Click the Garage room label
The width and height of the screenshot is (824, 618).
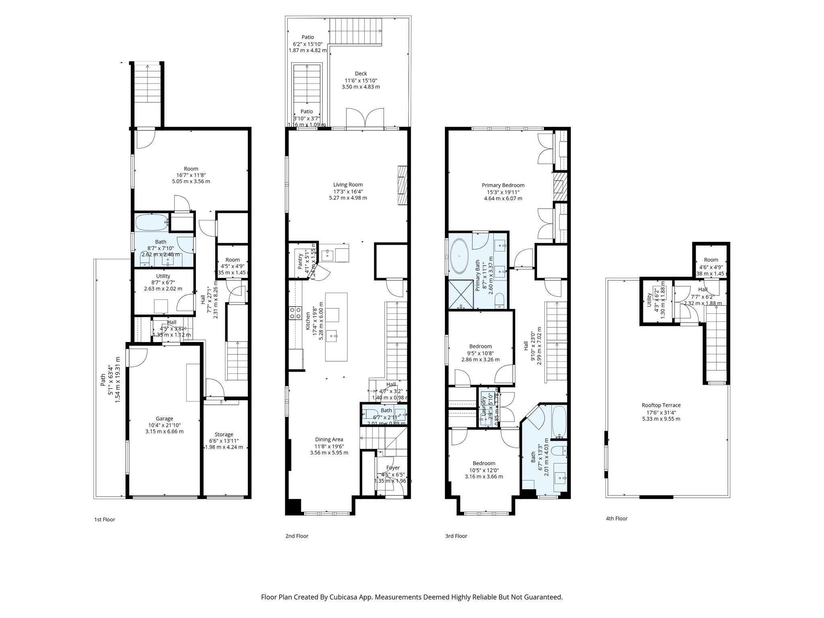coord(164,418)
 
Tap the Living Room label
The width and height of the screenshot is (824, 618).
coord(348,185)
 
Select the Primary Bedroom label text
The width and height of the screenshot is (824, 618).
coord(503,185)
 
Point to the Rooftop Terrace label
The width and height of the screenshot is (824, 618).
coord(661,405)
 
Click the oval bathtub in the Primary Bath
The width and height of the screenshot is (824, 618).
coord(459,256)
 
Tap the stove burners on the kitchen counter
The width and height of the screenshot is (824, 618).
coord(295,313)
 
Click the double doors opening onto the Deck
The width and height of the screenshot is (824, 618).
coord(365,117)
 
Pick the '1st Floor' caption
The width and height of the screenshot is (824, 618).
coord(105,519)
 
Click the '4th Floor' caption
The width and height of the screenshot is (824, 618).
coord(616,518)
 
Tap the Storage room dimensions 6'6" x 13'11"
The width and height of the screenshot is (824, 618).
coord(224,441)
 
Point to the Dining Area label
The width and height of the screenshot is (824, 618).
coord(329,439)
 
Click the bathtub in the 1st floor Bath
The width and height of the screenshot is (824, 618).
coord(150,222)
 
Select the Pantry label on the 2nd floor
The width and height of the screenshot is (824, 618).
coord(300,262)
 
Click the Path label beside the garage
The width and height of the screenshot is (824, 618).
coord(103,379)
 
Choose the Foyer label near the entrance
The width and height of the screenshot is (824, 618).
coord(393,468)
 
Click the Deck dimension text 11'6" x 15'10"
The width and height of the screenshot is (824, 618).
coord(360,80)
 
